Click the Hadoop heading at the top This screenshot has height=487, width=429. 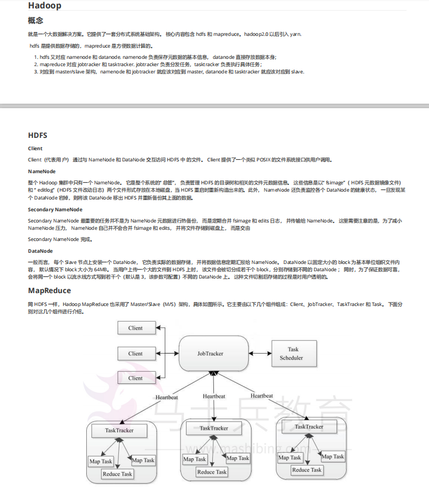pos(44,6)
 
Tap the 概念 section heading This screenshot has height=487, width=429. pos(35,21)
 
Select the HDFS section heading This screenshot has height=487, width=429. pos(38,135)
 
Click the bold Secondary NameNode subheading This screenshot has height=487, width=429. pos(55,209)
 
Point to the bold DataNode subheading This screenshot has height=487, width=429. pos(40,251)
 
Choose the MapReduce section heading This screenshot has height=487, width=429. pos(49,290)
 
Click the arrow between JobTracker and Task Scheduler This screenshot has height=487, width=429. pos(259,354)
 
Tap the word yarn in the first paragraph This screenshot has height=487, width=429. pos(295,34)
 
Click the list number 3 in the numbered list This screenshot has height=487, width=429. pos(35,72)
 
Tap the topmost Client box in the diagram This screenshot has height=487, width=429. pos(136,328)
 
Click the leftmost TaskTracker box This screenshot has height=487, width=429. pos(119,430)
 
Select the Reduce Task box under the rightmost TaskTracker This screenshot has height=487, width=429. pos(307,470)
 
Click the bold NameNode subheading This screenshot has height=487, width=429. pos(42,171)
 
